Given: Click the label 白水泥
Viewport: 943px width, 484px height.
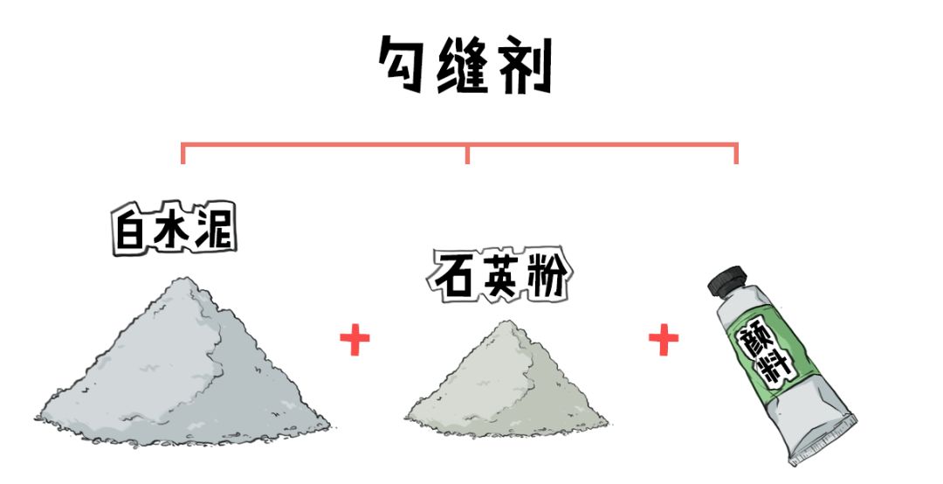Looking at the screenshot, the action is click(x=175, y=231).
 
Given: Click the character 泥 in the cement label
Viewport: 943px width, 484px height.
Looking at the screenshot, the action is click(x=215, y=229).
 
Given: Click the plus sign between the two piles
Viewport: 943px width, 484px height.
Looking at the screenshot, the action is click(x=354, y=340).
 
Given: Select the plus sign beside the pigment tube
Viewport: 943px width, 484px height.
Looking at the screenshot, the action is click(x=664, y=340).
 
